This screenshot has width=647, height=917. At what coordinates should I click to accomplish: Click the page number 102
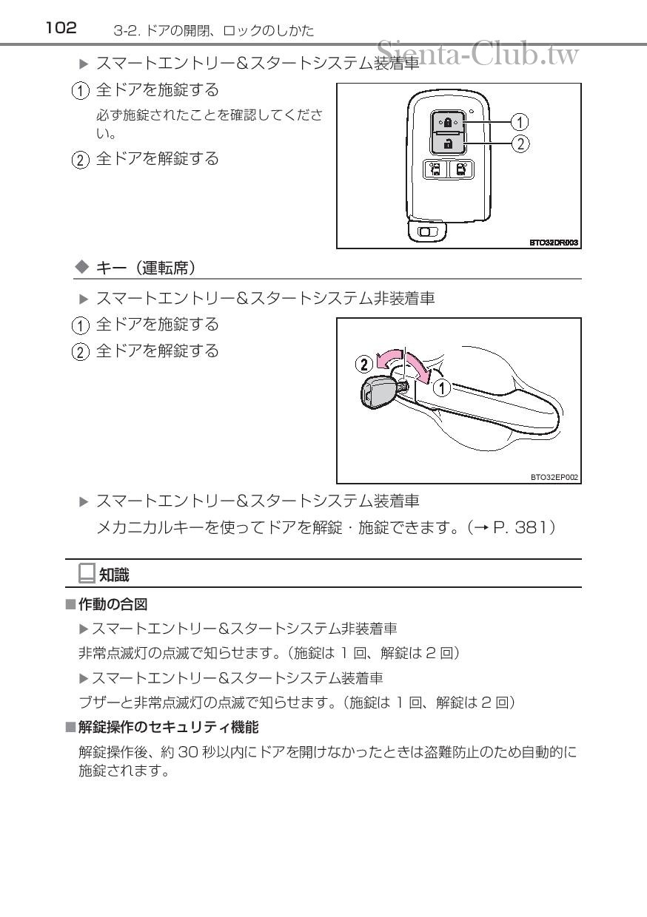click(x=61, y=28)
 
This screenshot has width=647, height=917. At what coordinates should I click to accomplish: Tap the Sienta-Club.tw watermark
click(x=477, y=53)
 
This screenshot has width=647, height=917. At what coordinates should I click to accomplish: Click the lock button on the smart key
click(x=447, y=121)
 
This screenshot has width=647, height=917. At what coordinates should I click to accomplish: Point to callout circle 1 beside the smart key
click(x=520, y=122)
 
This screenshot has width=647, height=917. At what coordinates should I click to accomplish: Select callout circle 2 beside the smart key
click(x=520, y=143)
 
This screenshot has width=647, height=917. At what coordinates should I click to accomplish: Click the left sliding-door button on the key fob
click(x=435, y=169)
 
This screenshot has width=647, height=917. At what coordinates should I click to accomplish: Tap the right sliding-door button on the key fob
click(x=461, y=169)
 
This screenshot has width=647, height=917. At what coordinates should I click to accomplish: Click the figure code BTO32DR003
click(x=554, y=243)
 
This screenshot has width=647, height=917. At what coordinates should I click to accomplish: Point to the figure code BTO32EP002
click(x=554, y=477)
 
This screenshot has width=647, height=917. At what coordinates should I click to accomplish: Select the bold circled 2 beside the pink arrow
click(x=364, y=364)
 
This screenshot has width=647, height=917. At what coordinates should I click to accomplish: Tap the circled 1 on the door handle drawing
click(x=442, y=388)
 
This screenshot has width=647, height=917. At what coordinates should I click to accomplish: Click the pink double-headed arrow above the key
click(x=403, y=361)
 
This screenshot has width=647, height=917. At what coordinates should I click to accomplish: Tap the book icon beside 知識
click(x=87, y=573)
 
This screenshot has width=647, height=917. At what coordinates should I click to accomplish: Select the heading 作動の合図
click(x=113, y=604)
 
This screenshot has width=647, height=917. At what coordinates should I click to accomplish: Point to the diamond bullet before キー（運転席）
click(x=82, y=268)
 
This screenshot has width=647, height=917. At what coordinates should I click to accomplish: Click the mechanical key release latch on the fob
click(x=427, y=232)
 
